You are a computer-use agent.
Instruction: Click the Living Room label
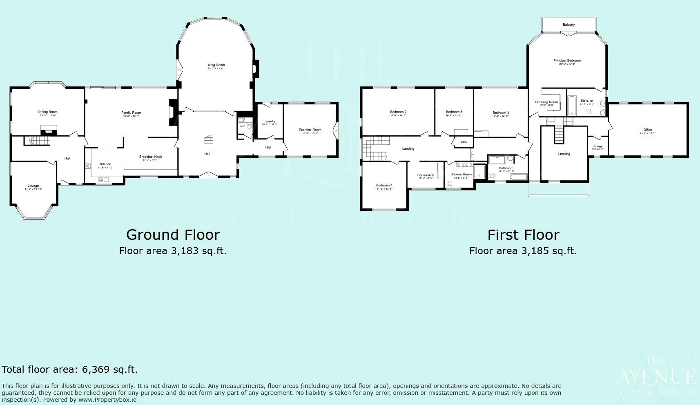215,65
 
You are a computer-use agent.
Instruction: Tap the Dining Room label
48,112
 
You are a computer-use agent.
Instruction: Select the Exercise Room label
310,130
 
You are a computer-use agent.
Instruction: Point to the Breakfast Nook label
151,157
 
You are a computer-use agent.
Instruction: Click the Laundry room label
270,121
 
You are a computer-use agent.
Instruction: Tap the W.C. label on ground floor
243,126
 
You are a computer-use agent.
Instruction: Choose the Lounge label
33,186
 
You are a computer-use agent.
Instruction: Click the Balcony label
568,25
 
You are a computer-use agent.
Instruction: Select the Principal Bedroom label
567,61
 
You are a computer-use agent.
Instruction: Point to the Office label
647,130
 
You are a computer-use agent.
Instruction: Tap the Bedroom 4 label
384,186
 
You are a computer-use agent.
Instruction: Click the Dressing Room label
546,102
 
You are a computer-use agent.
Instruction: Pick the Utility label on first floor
464,142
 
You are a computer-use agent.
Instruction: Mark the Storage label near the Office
597,146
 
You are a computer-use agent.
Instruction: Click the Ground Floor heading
173,235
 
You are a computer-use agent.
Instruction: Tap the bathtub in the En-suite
572,105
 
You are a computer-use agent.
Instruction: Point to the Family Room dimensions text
131,116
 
